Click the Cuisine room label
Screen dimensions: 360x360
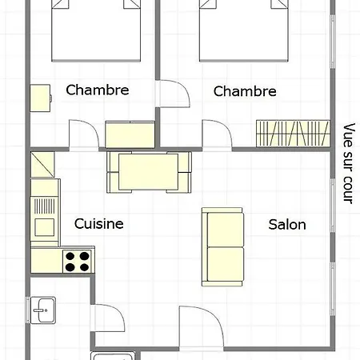pos(98,223)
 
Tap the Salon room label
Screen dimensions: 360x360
pos(287,225)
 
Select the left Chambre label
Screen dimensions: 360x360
pos(98,90)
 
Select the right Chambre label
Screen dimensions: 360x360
pos(245,91)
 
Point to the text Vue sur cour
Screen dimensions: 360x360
pos(349,163)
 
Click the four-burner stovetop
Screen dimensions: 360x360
pos(78,262)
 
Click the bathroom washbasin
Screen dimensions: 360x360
pos(43,310)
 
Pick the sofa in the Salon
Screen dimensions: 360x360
pos(222,247)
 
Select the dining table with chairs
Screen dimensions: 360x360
pos(149,172)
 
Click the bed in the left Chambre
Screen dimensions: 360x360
pos(96,30)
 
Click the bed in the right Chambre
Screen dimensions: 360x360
pos(244,30)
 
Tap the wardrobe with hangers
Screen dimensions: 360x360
pos(293,134)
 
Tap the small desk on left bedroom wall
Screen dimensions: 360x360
pos(40,98)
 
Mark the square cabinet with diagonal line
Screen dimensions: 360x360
pos(42,164)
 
